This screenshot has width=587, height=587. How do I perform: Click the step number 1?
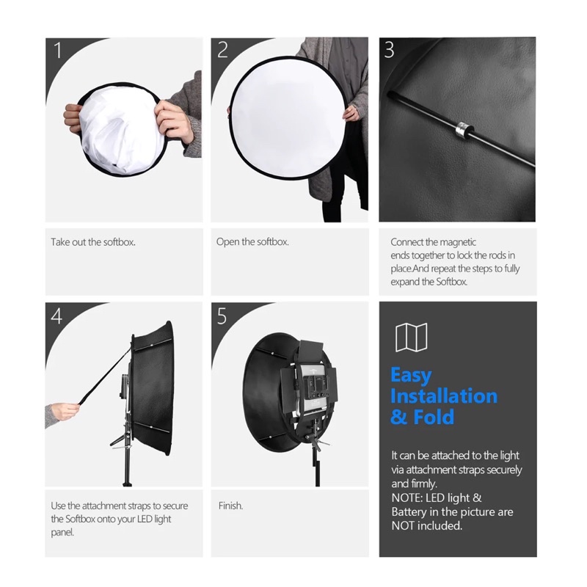[58, 50]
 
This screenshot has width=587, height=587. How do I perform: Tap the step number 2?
[222, 50]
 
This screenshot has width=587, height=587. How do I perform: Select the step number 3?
[390, 50]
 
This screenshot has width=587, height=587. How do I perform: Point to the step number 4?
[56, 316]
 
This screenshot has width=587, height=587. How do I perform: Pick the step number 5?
[222, 316]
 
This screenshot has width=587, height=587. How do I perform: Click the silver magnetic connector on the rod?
[464, 130]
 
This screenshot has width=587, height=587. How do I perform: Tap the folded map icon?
[411, 338]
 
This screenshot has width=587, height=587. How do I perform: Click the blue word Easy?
[411, 376]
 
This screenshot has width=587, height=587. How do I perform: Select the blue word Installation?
[444, 396]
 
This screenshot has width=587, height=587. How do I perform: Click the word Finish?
[230, 506]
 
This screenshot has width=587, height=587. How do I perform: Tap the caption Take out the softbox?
[93, 242]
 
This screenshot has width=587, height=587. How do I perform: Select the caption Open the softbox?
[252, 242]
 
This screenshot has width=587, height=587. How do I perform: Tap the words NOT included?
[427, 525]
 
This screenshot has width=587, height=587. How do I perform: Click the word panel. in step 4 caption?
[62, 533]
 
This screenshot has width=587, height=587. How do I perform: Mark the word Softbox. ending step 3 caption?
[451, 282]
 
